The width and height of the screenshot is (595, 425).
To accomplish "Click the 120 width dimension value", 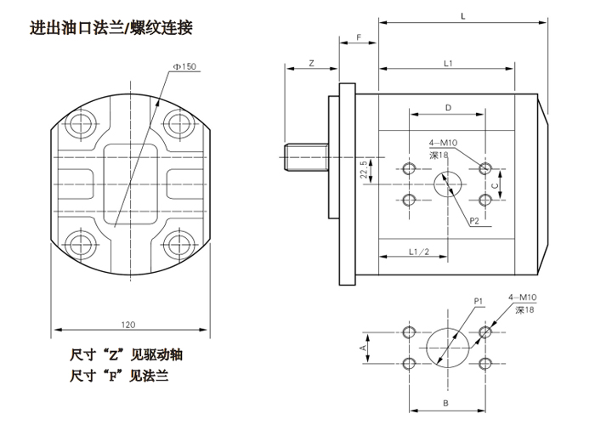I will tap(127, 324).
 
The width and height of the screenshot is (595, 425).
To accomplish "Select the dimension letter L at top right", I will tap(462, 15).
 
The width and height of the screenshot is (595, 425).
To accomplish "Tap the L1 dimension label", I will tap(448, 64).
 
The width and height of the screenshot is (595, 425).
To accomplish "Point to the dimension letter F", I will tap(360, 38).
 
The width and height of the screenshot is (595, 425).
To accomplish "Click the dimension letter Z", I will tap(311, 64).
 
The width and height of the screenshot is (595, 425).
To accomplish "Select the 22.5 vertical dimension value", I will tap(365, 169).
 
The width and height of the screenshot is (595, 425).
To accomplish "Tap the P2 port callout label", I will tap(478, 222).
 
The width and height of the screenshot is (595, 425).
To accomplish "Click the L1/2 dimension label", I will tap(416, 252).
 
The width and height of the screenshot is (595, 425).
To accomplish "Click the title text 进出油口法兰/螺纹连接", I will tap(111, 27).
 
